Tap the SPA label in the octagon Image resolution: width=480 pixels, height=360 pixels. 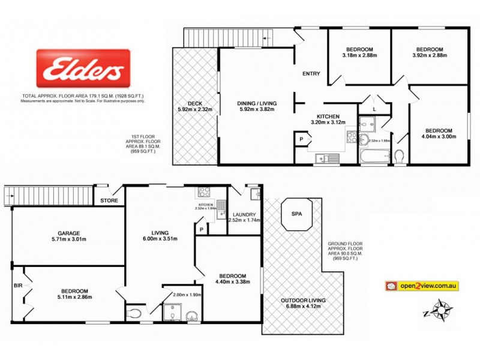(x=296, y=214)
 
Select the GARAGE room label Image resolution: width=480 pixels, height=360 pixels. (x=68, y=233)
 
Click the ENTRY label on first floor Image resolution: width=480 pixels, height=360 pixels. (x=311, y=74)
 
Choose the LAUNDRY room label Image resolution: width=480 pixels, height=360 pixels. (x=245, y=214)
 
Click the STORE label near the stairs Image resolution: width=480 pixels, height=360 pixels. (x=109, y=200)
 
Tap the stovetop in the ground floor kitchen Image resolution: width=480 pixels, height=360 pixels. (x=205, y=193)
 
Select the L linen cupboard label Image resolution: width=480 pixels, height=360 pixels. (x=374, y=110)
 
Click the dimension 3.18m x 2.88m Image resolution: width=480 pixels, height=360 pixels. (x=359, y=56)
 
